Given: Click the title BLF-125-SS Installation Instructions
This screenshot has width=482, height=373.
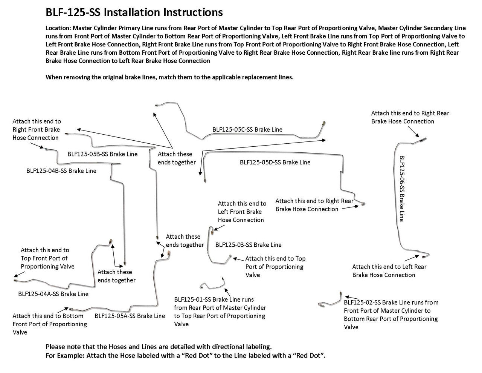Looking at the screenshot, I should (134, 12).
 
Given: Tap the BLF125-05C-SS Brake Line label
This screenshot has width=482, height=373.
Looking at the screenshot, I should (247, 129).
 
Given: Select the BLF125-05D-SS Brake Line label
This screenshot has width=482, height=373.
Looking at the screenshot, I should (275, 162).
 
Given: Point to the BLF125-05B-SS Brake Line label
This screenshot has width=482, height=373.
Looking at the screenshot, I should (102, 154).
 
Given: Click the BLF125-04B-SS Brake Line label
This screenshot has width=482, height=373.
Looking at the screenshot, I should (61, 170).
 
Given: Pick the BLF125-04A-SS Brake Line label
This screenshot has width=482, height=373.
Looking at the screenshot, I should (53, 294).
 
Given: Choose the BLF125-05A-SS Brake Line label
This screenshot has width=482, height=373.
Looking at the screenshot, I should (130, 316).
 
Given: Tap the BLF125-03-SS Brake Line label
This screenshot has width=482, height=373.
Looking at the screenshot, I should (248, 245).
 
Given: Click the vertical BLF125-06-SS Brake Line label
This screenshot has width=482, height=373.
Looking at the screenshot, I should (401, 188).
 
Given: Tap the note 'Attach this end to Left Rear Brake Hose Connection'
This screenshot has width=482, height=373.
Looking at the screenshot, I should (389, 271).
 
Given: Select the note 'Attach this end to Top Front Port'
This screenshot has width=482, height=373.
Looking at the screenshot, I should (47, 258).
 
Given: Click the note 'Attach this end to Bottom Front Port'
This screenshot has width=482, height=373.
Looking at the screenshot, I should (49, 324).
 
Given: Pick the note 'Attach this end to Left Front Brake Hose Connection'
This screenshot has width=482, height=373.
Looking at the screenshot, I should (242, 212).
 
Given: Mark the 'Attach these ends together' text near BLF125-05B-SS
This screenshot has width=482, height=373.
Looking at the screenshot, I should (176, 158).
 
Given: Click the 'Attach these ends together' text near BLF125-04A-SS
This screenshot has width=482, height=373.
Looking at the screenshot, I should (116, 276).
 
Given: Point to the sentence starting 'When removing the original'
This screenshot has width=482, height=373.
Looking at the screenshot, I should (169, 77).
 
